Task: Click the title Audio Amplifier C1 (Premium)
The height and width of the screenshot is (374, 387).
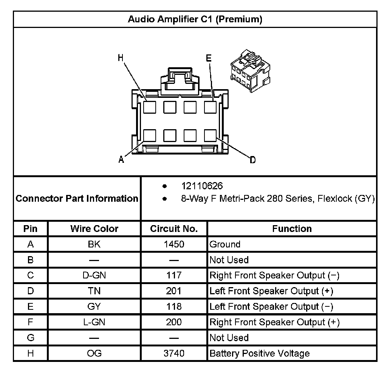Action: tap(195, 19)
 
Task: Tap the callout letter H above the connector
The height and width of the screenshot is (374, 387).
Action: tap(121, 58)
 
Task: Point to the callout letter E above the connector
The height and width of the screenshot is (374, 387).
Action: tap(209, 58)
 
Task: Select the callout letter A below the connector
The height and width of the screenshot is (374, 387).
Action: tap(121, 160)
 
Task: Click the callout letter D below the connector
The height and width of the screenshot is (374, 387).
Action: tap(252, 160)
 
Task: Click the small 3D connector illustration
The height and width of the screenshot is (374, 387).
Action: tap(250, 68)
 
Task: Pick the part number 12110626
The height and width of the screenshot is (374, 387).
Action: tap(202, 186)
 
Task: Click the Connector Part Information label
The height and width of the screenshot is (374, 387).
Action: tap(77, 198)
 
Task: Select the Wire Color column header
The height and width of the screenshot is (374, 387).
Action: tap(94, 229)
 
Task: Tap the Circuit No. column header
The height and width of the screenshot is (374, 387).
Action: tap(174, 229)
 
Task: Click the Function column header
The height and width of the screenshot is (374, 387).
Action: tap(292, 229)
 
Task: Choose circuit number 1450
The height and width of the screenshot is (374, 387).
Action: tap(174, 244)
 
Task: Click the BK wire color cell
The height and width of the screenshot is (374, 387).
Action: tap(94, 244)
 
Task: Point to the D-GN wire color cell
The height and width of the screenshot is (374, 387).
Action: tap(94, 275)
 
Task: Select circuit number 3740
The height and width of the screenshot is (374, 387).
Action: tap(174, 353)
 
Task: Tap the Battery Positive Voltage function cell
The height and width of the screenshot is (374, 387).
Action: tap(259, 354)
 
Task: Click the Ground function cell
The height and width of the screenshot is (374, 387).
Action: tap(225, 244)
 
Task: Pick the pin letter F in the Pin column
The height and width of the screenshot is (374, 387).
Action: tap(31, 322)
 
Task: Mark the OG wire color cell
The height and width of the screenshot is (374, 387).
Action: tap(94, 353)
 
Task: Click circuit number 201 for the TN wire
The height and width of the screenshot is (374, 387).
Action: tap(174, 291)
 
